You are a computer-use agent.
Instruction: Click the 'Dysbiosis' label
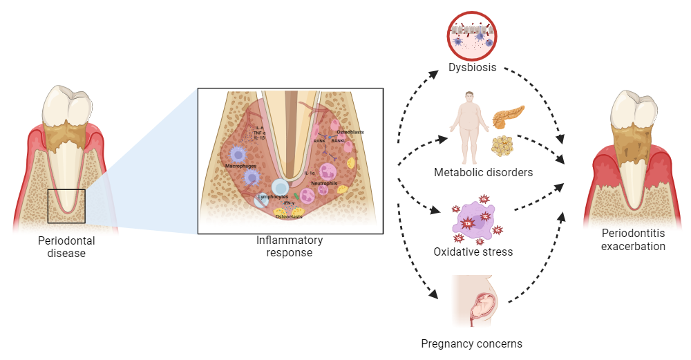[x=473, y=69]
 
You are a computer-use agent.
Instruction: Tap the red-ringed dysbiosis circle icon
[x=473, y=35]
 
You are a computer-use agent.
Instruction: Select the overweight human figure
[x=469, y=122]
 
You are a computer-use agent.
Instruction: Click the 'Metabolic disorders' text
[x=483, y=172]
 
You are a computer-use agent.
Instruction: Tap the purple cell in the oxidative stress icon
[x=475, y=219]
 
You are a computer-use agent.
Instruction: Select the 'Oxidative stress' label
[x=473, y=252]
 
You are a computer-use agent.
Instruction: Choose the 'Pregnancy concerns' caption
[x=472, y=343]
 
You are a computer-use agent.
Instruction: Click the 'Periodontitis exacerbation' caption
[x=633, y=240]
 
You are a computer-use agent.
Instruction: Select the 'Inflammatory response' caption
[x=289, y=247]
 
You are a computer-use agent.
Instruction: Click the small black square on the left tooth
[x=66, y=206]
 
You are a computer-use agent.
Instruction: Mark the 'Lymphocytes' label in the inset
[x=272, y=197]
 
